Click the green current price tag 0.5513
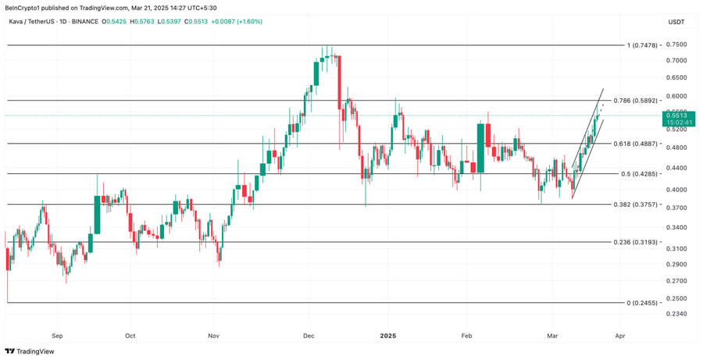coord(676,115)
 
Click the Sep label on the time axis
coord(56,335)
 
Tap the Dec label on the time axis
coord(308,335)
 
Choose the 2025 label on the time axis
coord(388,335)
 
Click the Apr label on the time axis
coord(619,335)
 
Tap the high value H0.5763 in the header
coord(146,21)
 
